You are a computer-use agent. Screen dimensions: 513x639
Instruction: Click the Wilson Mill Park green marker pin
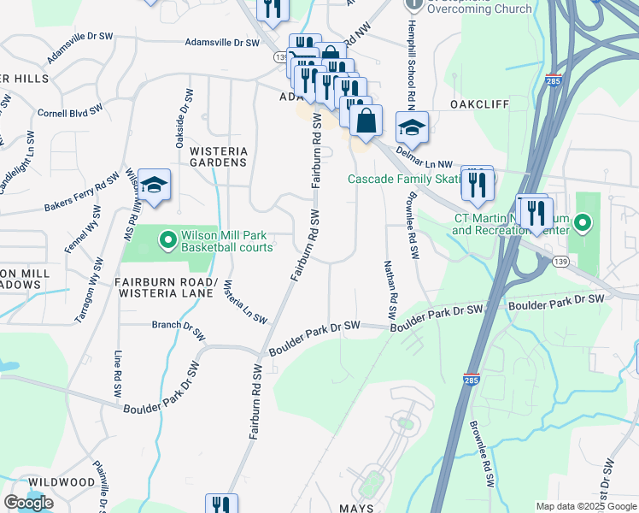tap(167, 239)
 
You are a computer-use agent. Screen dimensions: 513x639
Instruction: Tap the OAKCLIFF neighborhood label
tap(479, 103)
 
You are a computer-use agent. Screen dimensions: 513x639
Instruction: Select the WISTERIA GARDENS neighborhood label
tap(219, 156)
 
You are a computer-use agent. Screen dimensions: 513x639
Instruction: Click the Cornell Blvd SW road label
tap(76, 112)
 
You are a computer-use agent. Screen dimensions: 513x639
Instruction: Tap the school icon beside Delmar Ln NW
tap(412, 128)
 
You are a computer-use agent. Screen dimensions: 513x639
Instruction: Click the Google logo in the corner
tap(28, 503)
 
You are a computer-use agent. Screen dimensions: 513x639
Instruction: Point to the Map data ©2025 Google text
tap(585, 506)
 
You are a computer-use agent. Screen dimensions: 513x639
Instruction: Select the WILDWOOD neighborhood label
tap(59, 482)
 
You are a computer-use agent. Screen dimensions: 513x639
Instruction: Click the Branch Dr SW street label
tap(179, 329)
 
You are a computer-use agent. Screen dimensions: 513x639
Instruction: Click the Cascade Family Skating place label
tap(405, 179)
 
